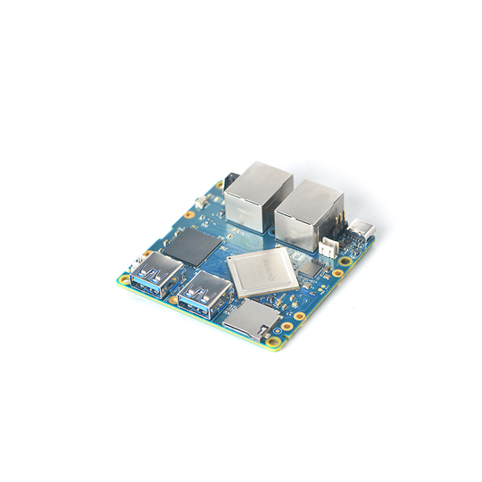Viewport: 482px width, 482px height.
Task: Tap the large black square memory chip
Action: click(194, 246)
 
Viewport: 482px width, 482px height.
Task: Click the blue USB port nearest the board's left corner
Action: click(155, 272)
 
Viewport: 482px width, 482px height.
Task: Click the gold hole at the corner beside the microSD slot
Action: click(266, 338)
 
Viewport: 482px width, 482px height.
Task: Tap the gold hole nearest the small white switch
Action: click(190, 214)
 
